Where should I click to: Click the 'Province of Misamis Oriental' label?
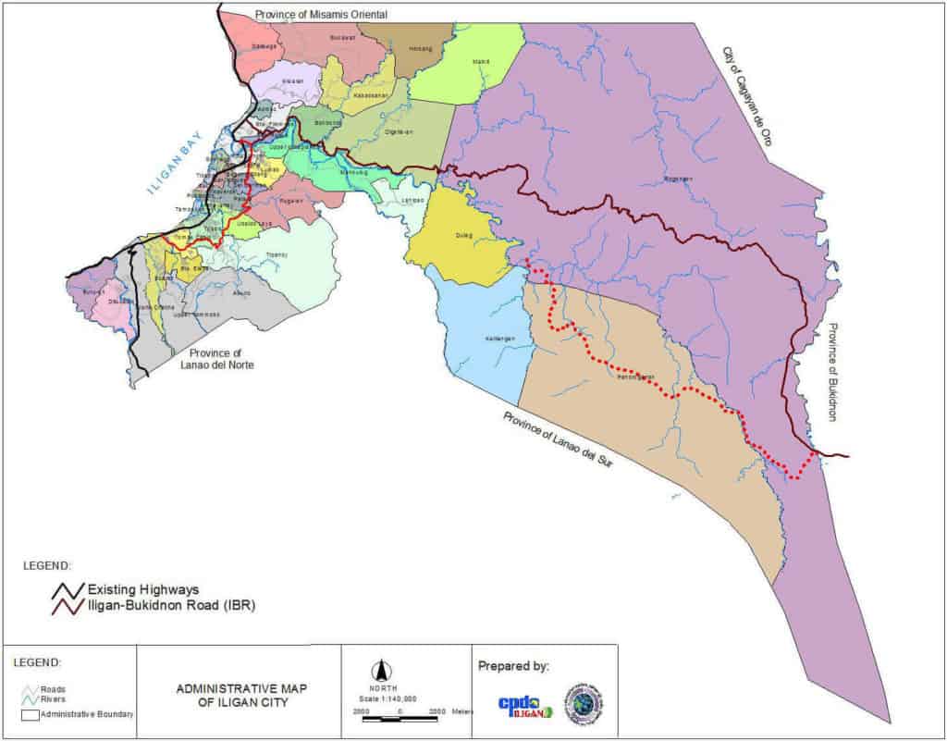tap(321, 15)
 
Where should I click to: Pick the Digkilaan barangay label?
tap(399, 132)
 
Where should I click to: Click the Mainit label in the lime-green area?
tap(481, 62)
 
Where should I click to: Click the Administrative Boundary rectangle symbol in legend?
tap(31, 714)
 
